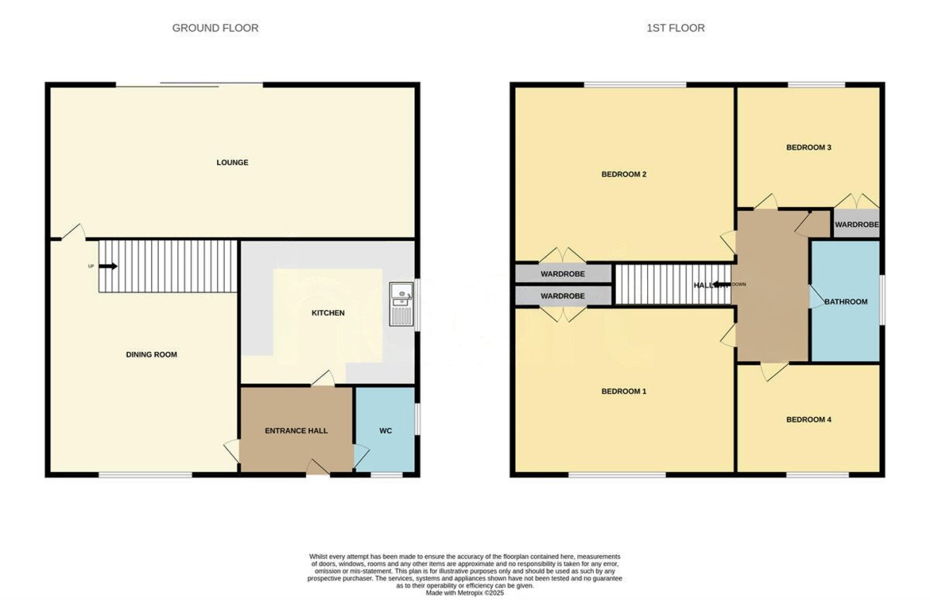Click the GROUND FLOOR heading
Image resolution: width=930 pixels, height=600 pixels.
(x=215, y=28)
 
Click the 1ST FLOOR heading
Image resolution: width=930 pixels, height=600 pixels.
(x=676, y=28)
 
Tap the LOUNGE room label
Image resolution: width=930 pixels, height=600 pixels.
(x=232, y=163)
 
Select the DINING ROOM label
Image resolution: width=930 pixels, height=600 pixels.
(x=152, y=355)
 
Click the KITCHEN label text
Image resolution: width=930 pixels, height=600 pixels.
(x=329, y=313)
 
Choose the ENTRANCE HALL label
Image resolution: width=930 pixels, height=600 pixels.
(x=296, y=431)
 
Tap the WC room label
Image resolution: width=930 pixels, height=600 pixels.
(x=386, y=431)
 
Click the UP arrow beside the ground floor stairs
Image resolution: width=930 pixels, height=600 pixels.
(x=107, y=266)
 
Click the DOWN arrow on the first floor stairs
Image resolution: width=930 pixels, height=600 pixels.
(x=720, y=285)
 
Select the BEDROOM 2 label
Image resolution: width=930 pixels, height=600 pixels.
(x=624, y=174)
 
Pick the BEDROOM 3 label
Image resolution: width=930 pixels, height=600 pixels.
(x=808, y=147)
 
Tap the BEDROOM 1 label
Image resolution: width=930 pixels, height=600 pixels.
(x=624, y=391)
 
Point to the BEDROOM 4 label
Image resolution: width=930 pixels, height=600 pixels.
(x=808, y=420)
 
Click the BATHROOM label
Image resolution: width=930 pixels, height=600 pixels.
(x=846, y=302)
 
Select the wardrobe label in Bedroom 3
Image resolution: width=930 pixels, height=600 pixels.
(x=857, y=225)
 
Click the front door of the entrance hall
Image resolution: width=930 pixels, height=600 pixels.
(x=317, y=467)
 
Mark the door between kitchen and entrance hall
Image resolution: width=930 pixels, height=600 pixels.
(x=323, y=379)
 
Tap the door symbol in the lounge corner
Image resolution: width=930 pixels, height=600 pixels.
(x=72, y=230)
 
